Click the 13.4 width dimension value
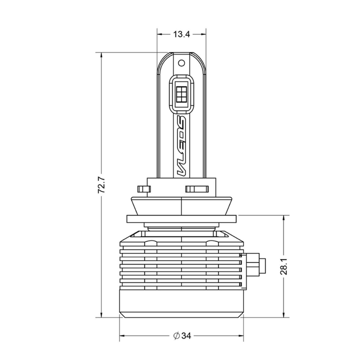click(x=181, y=34)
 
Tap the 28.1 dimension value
click(x=284, y=266)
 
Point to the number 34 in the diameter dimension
click(x=186, y=336)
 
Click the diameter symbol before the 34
click(x=177, y=336)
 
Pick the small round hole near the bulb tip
click(x=181, y=63)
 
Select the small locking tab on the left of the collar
click(x=144, y=189)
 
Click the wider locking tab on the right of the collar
click(x=197, y=189)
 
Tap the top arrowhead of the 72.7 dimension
click(x=101, y=55)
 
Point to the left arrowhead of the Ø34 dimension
click(x=122, y=336)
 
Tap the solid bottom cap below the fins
click(x=181, y=303)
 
